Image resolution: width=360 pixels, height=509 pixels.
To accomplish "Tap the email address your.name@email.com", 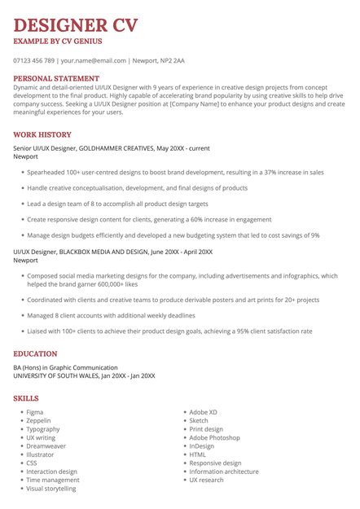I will (x=94, y=60).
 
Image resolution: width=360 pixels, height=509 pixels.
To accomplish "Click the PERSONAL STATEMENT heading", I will (x=62, y=78).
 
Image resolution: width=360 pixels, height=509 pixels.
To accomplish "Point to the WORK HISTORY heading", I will (x=42, y=134).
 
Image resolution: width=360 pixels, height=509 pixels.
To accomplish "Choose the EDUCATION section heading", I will (x=36, y=354).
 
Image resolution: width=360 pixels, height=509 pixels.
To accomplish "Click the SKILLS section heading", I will (x=26, y=398).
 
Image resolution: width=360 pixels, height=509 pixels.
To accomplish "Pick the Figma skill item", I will (x=35, y=412).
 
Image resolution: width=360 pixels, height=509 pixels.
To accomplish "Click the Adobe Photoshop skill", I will (x=214, y=437).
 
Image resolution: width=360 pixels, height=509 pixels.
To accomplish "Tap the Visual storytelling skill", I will (x=51, y=489).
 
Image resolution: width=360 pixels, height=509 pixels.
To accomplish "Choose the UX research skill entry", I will (x=206, y=480).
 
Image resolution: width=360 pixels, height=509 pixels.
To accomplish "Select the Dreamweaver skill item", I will (x=46, y=446).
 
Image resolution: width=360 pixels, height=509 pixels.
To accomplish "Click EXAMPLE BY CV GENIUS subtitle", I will (x=58, y=42).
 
